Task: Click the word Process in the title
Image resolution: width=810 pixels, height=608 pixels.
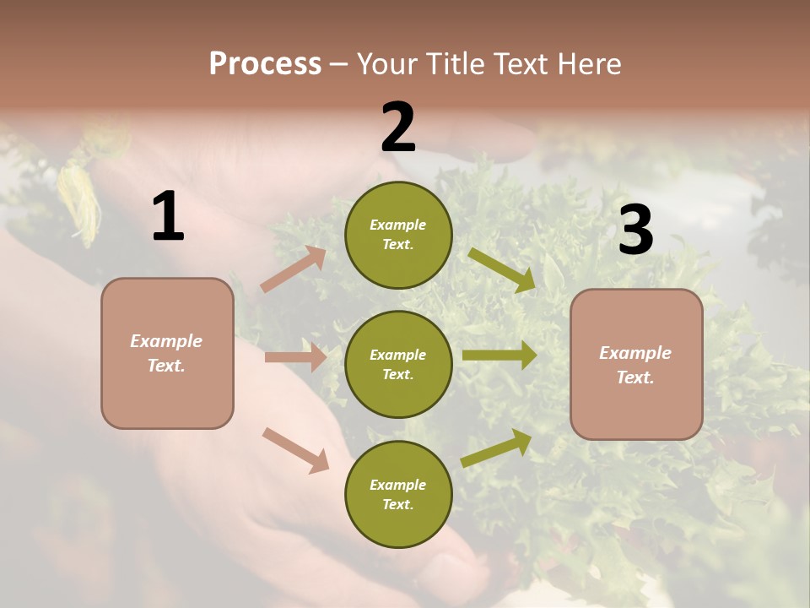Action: (x=265, y=64)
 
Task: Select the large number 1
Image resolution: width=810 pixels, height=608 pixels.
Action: (x=168, y=217)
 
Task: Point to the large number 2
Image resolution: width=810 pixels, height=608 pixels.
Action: (x=398, y=128)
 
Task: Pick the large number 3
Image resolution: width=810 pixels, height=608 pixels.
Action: (x=635, y=230)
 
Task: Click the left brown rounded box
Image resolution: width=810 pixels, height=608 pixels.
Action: (x=167, y=353)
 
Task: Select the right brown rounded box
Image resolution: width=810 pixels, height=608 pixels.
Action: (x=636, y=364)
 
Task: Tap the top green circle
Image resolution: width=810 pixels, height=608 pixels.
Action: (x=398, y=235)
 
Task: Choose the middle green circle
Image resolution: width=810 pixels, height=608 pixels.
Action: (x=398, y=364)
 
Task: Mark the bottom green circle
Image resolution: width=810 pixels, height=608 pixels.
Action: (x=398, y=494)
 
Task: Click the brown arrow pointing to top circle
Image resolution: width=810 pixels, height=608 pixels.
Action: (x=294, y=269)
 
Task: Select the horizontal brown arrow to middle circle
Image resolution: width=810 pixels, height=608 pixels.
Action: (x=295, y=357)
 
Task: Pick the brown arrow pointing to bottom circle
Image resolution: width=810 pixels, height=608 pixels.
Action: (x=295, y=450)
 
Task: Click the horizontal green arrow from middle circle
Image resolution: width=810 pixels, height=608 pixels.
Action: (x=499, y=356)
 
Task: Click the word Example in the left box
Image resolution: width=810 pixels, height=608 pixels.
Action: (x=166, y=341)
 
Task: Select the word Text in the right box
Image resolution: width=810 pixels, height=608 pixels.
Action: (x=634, y=377)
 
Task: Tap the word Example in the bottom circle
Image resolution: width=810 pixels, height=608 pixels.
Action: (x=397, y=485)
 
